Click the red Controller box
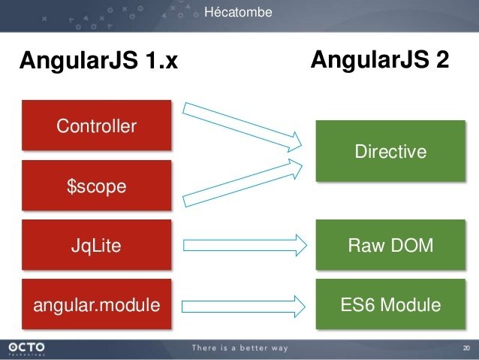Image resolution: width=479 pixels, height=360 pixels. point(97,125)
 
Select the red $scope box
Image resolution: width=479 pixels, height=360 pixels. point(97,186)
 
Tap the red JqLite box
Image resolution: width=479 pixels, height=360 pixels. point(97,245)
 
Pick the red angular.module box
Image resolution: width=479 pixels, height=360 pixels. point(97,304)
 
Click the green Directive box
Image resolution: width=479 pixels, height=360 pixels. point(390,151)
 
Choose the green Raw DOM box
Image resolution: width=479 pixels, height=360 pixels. point(390,245)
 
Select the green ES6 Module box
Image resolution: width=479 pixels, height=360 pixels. point(390,304)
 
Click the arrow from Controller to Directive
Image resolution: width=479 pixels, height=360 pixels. point(242,126)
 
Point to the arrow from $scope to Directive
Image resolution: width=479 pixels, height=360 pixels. point(243,183)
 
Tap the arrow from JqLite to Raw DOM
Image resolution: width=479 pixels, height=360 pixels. point(245,245)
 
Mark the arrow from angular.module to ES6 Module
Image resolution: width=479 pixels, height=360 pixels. point(243,307)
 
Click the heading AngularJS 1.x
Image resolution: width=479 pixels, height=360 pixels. point(98,60)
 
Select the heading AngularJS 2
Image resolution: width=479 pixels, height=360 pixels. point(380,59)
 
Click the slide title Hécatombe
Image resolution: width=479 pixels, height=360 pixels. point(238,12)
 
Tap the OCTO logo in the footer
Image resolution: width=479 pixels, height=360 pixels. point(26,349)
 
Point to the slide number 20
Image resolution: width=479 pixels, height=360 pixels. point(466,348)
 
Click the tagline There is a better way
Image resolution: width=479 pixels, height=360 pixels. point(239,348)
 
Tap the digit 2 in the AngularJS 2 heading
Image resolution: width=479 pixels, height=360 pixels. point(443,59)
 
